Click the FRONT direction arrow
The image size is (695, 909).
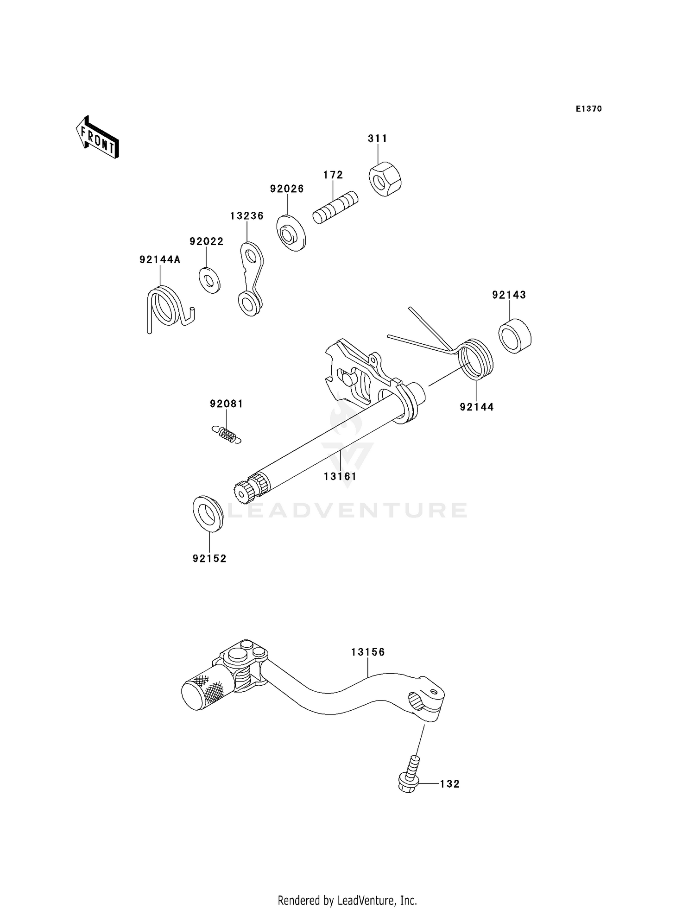point(98,138)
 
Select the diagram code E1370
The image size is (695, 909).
point(588,109)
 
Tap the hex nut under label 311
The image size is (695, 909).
point(385,179)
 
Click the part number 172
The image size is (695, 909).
point(333,175)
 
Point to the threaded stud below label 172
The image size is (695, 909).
point(335,208)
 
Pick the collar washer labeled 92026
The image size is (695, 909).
point(291,233)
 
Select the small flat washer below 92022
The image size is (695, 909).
point(209,280)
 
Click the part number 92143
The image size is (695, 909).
point(509,295)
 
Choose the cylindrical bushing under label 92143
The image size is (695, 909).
point(515,336)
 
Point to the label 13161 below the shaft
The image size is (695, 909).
point(340,476)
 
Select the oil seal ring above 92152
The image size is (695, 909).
point(208,513)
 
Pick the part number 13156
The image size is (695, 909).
point(368,652)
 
